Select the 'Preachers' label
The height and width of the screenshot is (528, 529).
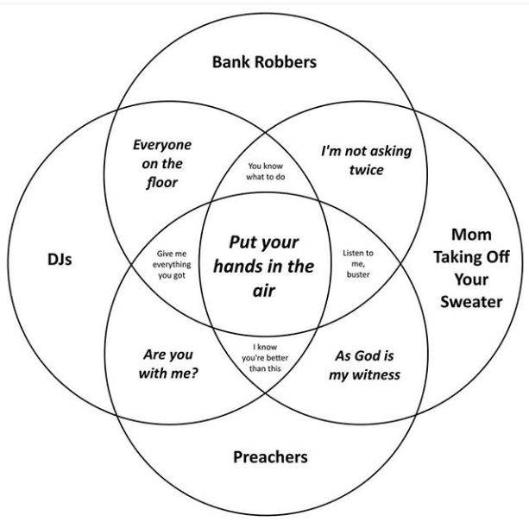[x=270, y=456]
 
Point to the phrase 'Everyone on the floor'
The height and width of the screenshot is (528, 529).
[x=162, y=163]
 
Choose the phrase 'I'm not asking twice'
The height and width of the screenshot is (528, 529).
[x=366, y=160]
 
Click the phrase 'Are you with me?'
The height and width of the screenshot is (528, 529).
[x=168, y=364]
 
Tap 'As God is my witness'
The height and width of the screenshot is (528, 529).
[x=367, y=365]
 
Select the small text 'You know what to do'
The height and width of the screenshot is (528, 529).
[x=266, y=170]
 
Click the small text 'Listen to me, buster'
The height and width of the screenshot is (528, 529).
[x=358, y=263]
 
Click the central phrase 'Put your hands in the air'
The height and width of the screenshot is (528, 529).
[x=269, y=267]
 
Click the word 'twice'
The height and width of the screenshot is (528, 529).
[x=366, y=170]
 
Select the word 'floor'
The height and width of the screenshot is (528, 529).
[x=162, y=182]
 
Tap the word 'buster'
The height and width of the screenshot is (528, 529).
[x=358, y=274]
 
